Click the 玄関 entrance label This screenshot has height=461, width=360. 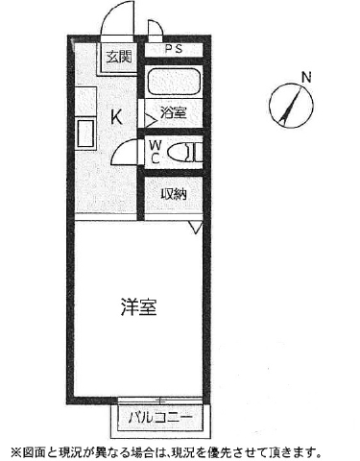[x=119, y=57]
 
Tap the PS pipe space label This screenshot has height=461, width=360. [x=174, y=49]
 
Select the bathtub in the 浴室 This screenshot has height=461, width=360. [x=174, y=82]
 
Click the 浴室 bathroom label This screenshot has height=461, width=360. [x=173, y=112]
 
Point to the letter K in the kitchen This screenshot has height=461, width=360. [x=116, y=117]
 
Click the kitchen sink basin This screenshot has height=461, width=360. [x=85, y=133]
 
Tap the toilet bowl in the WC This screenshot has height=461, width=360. [x=180, y=152]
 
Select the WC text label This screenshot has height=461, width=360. [x=156, y=153]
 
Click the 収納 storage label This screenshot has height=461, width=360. [x=174, y=194]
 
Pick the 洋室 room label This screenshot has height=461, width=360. [x=139, y=306]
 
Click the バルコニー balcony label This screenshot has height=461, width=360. [x=160, y=417]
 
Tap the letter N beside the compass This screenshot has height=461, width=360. [x=306, y=78]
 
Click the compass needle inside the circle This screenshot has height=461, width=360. [x=291, y=106]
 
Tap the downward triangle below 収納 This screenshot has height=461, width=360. [x=195, y=227]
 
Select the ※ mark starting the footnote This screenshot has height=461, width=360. [x=15, y=452]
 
